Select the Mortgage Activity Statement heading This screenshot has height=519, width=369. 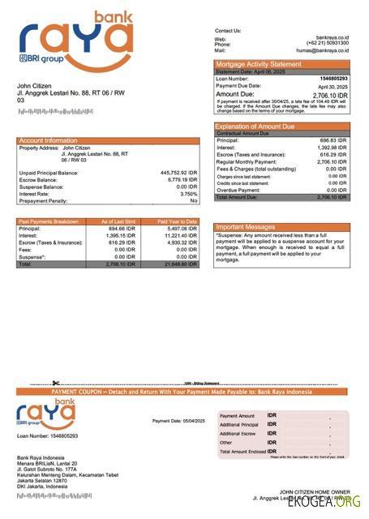coord(258,64)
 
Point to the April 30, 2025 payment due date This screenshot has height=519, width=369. coord(332,86)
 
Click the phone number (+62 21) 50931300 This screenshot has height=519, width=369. coord(328,44)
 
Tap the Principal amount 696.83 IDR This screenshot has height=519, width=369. coord(333,140)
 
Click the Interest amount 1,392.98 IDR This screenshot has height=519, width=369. coord(330,148)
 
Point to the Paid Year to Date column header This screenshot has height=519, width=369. coord(177,221)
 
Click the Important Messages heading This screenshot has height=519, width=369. coord(246,227)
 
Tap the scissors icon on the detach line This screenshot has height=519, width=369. coord(55,384)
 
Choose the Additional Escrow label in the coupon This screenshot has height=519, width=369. coord(238,433)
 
